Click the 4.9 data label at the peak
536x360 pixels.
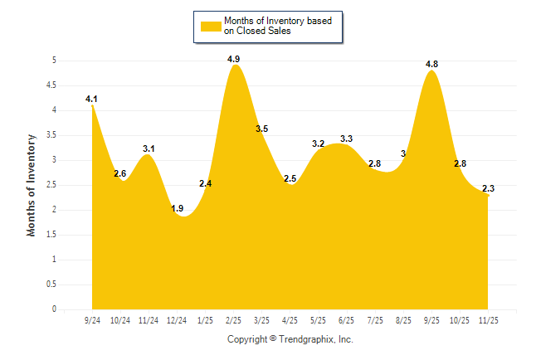click(x=233, y=59)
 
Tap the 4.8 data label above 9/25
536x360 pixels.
click(x=431, y=64)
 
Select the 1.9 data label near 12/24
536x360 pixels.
click(x=177, y=208)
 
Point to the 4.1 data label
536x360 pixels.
click(x=91, y=100)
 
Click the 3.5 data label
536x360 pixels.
click(x=261, y=129)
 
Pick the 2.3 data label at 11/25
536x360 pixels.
click(x=488, y=188)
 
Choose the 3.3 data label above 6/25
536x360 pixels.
click(x=347, y=139)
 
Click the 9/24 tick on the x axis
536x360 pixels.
click(x=92, y=319)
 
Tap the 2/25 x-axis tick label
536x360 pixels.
click(x=233, y=319)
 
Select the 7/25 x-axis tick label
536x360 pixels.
click(x=375, y=319)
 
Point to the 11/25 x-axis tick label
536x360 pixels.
click(x=488, y=319)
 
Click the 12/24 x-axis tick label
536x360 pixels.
click(x=177, y=319)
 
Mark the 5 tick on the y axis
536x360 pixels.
click(x=53, y=61)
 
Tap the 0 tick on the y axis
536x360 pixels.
click(x=53, y=309)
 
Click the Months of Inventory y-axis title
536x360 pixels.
click(x=32, y=185)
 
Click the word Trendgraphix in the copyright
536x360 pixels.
click(x=306, y=339)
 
